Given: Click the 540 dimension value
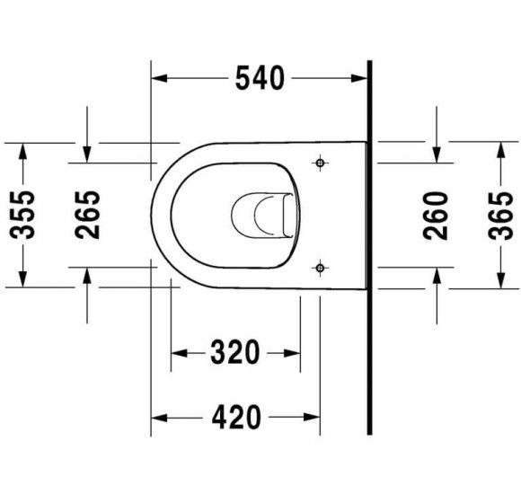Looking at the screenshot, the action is click(260, 78).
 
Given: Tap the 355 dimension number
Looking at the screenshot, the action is click(22, 215).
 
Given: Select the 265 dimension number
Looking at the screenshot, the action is click(87, 215).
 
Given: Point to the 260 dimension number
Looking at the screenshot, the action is click(436, 216).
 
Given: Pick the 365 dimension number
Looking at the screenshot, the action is click(500, 216).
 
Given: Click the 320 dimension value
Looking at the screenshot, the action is click(235, 352).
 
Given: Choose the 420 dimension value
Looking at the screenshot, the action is click(236, 417).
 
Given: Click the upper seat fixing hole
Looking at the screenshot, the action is click(320, 163).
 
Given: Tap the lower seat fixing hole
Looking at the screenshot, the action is click(320, 268).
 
